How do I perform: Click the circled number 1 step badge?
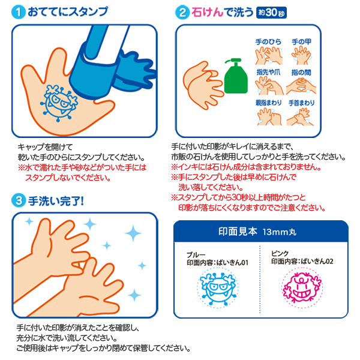tap(19, 12)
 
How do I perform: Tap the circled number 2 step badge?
tap(182, 13)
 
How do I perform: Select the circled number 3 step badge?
tap(19, 200)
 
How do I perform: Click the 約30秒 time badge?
tap(271, 13)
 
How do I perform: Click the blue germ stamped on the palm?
tap(59, 103)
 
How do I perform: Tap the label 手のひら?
tap(268, 42)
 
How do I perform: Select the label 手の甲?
tap(301, 42)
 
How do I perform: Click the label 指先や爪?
tap(268, 73)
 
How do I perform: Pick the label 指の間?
tap(301, 73)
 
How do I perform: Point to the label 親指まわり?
tap(268, 103)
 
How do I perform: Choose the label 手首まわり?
tap(301, 103)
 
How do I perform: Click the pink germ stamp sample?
tap(302, 287)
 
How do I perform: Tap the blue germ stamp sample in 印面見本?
tap(217, 287)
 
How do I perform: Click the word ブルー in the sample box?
tap(196, 255)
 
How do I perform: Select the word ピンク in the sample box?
tap(280, 253)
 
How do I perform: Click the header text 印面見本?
tap(238, 232)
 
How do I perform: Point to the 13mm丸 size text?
tap(280, 232)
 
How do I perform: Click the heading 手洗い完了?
tap(56, 201)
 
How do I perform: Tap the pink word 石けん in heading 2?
tap(207, 13)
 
